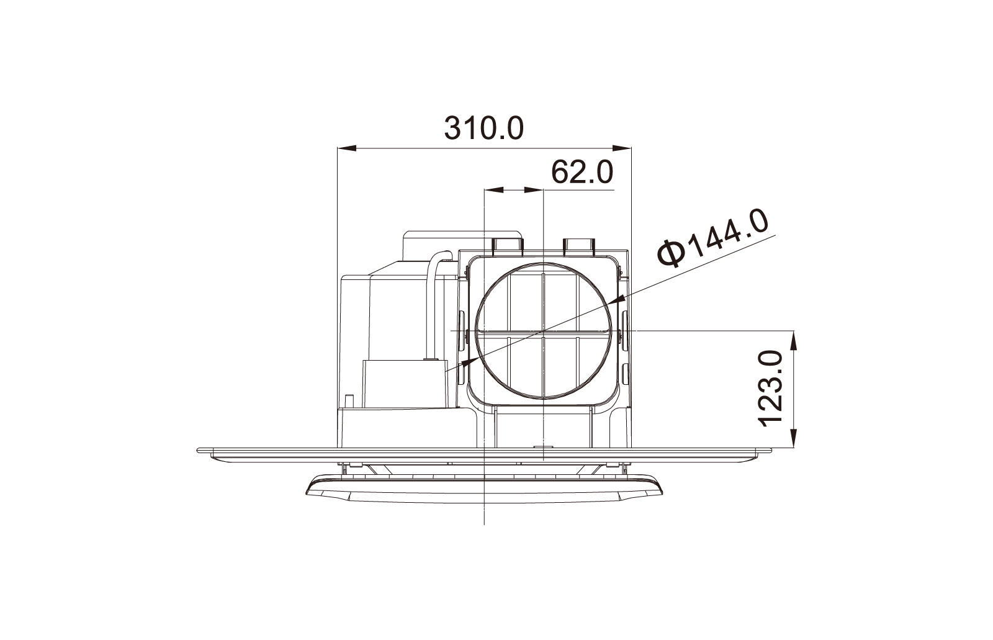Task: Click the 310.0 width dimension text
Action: (483, 128)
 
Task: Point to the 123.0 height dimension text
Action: (771, 389)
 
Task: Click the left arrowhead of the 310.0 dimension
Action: (346, 148)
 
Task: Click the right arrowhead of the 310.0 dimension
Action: (621, 148)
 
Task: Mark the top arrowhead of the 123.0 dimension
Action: (794, 340)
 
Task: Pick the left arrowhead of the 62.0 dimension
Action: (494, 190)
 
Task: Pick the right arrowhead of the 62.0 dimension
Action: (534, 190)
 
